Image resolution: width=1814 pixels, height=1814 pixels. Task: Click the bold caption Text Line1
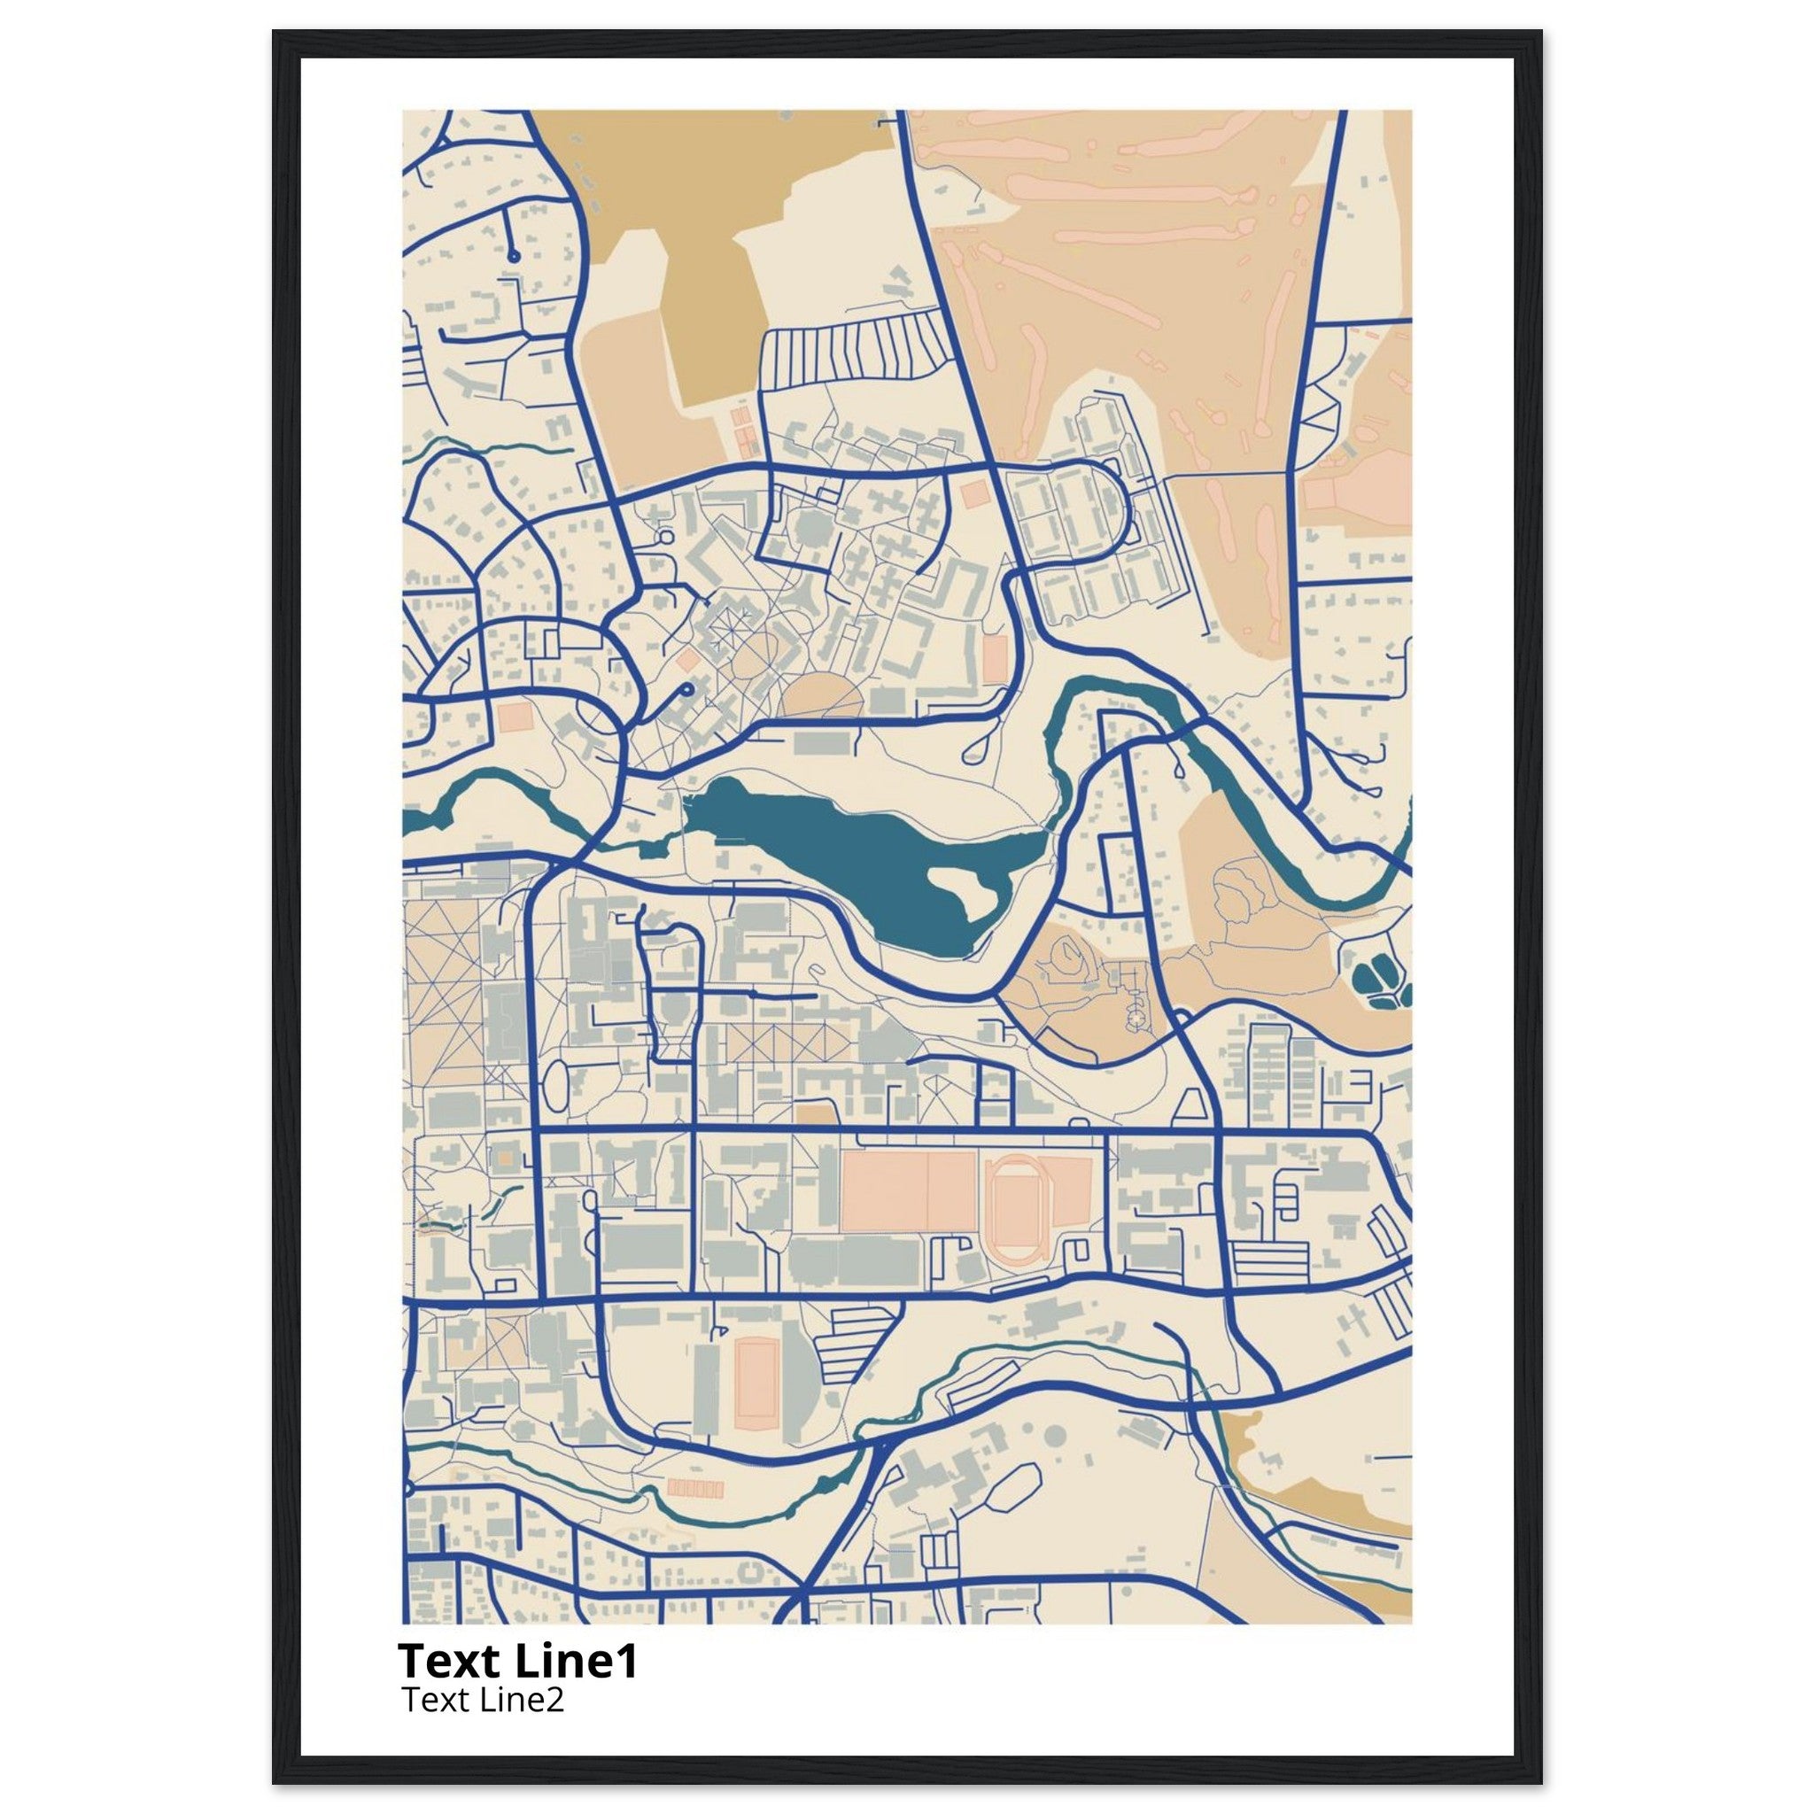[x=517, y=1661]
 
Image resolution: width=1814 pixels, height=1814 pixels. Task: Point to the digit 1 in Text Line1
[x=627, y=1661]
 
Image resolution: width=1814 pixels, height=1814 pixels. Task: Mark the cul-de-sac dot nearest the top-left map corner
[x=514, y=255]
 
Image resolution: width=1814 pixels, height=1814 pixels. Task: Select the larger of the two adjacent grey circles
[x=1055, y=1436]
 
